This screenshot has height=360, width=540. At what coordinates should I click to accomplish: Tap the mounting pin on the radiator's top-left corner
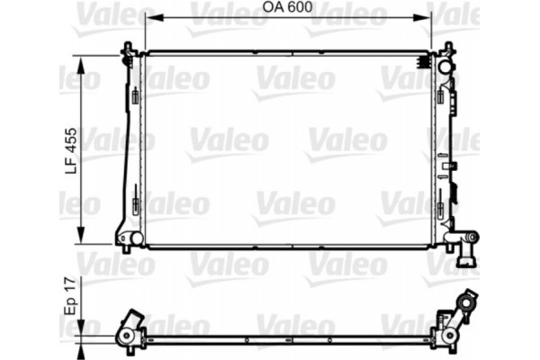click(x=130, y=48)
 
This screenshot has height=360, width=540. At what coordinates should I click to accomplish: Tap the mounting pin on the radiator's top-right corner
click(x=446, y=48)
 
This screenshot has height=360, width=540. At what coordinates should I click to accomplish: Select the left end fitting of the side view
click(x=128, y=332)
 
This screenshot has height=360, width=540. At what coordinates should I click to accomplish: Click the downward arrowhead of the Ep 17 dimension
click(x=82, y=334)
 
